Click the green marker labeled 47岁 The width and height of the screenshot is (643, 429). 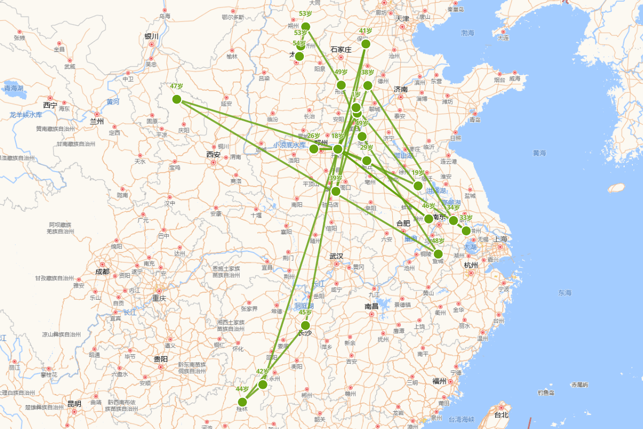pos(177,99)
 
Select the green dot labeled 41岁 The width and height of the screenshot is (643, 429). pos(365,43)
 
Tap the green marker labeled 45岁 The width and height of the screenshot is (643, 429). pos(305,326)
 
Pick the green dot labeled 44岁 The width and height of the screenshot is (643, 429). pos(242,402)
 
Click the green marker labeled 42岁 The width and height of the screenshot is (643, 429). pos(263,384)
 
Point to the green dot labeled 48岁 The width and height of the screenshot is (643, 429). pos(438,254)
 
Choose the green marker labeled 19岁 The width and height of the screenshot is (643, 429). pos(418,186)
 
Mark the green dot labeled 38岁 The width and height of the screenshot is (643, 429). pos(368,85)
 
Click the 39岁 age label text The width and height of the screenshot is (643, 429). pos(335,178)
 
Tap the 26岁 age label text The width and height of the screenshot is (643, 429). pos(313,136)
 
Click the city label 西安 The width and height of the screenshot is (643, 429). pos(213,154)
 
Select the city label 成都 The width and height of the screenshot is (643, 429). pos(102,272)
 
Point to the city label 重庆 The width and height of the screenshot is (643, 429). pos(159,298)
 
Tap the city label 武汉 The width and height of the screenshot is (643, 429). pos(337,256)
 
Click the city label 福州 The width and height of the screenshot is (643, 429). pos(439,381)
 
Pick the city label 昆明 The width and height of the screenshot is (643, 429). pos(74,404)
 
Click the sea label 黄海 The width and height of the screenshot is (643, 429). pos(539,153)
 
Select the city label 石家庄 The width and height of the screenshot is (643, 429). pos(341,49)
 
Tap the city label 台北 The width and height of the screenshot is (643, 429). pos(500,415)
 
